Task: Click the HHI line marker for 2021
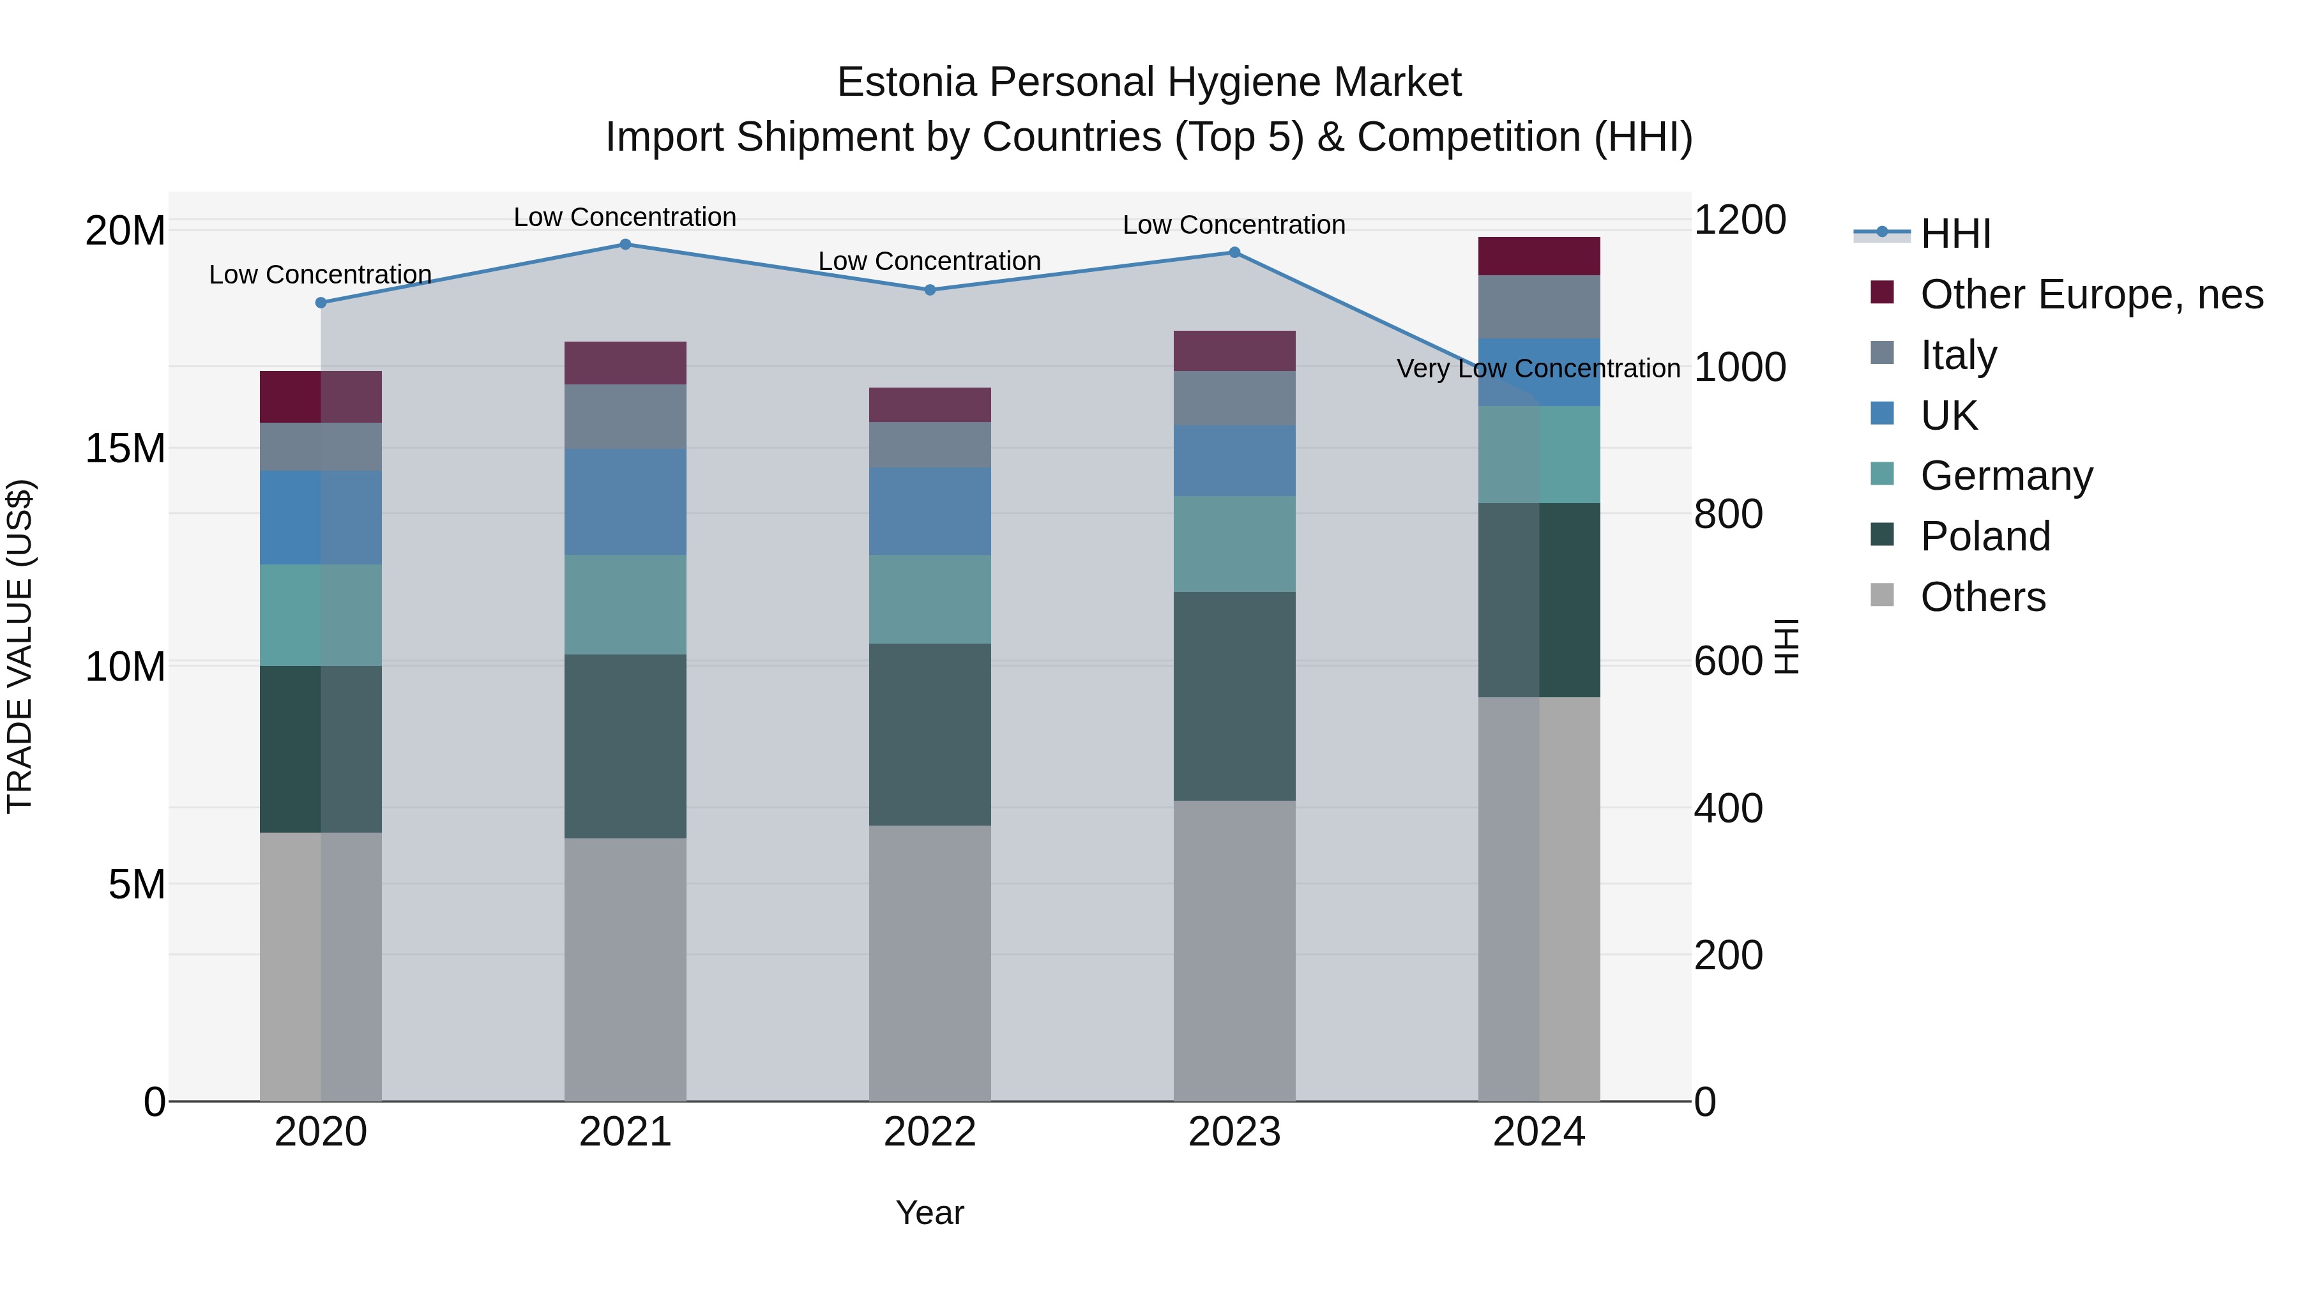[625, 245]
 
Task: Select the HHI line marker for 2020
[321, 303]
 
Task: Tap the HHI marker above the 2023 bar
[1234, 252]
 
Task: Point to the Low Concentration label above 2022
[929, 261]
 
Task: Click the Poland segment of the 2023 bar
[1234, 696]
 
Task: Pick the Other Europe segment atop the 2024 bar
[1538, 256]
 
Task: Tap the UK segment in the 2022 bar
[929, 511]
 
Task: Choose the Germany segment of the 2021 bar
[625, 605]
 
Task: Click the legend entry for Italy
[1958, 355]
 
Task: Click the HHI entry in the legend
[1955, 234]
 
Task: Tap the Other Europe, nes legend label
[2091, 294]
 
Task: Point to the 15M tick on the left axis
[125, 448]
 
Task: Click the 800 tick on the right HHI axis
[1728, 514]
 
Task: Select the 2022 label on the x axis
[929, 1132]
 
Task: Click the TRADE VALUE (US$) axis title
[20, 646]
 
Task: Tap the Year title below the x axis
[929, 1213]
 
